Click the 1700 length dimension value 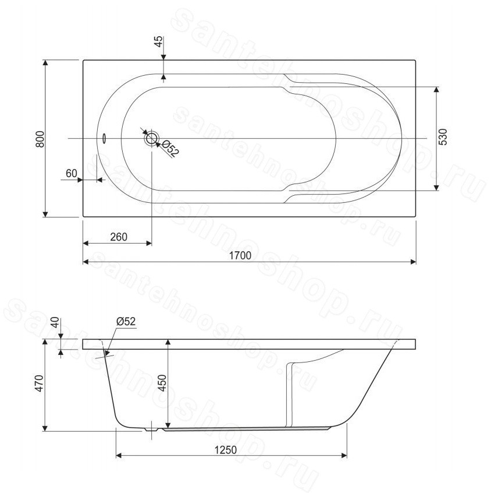240,255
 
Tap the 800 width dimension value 40,139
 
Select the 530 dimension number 443,137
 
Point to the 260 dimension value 119,237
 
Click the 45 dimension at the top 159,41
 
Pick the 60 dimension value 71,173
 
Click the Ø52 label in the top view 170,149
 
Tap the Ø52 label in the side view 126,321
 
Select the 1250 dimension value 225,450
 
